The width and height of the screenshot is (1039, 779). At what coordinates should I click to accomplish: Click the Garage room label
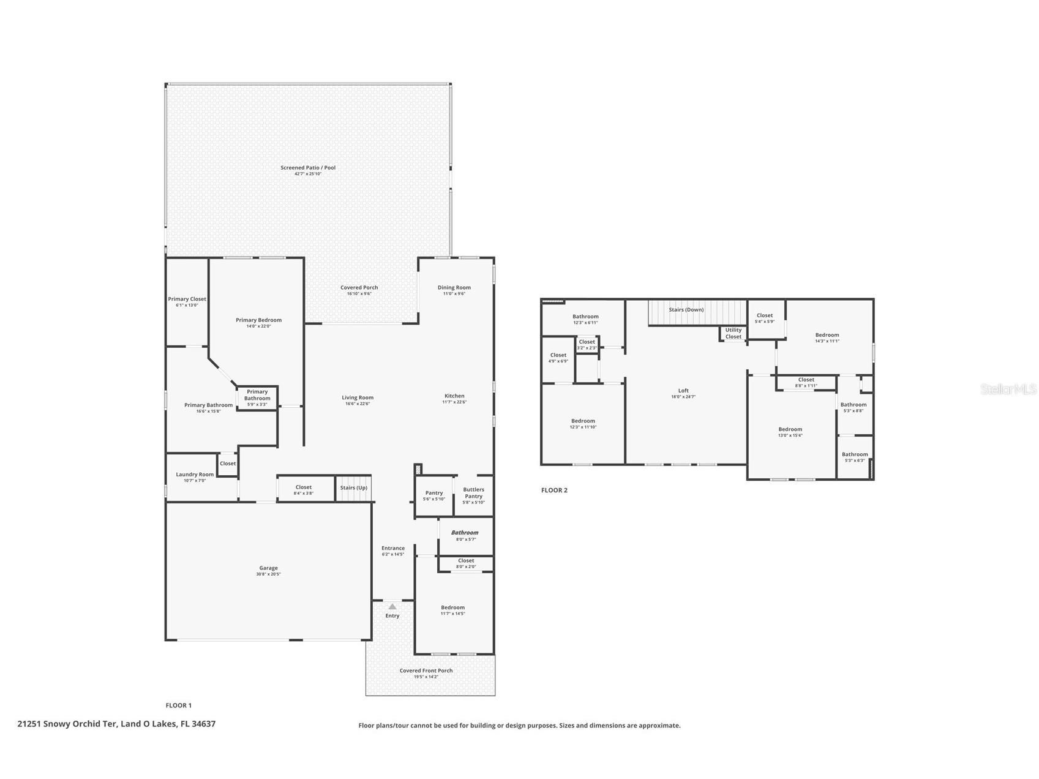(268, 568)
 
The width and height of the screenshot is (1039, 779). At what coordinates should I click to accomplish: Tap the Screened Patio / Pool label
(308, 168)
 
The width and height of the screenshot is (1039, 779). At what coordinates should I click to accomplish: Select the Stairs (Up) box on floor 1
(354, 488)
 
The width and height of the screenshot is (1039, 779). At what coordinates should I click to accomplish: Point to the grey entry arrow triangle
(392, 606)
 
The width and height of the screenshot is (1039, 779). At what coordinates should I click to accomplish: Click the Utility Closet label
(733, 333)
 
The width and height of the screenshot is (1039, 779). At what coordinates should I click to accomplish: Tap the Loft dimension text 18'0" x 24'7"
(683, 397)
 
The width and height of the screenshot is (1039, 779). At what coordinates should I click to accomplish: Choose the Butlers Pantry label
(473, 492)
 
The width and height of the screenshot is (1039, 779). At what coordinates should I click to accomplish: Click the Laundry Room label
(195, 475)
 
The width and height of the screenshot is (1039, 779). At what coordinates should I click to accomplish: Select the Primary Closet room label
(187, 299)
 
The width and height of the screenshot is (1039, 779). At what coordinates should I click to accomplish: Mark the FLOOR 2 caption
(554, 490)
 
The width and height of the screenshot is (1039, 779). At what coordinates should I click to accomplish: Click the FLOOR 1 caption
(178, 706)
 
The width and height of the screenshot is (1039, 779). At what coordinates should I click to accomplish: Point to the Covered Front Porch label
(426, 671)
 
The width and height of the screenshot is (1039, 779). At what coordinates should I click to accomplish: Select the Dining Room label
(454, 287)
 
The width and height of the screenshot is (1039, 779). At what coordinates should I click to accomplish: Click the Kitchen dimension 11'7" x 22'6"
(454, 402)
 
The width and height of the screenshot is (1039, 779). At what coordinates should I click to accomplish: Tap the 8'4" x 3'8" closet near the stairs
(304, 490)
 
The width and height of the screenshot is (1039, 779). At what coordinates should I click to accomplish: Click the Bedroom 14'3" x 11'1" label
(827, 335)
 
